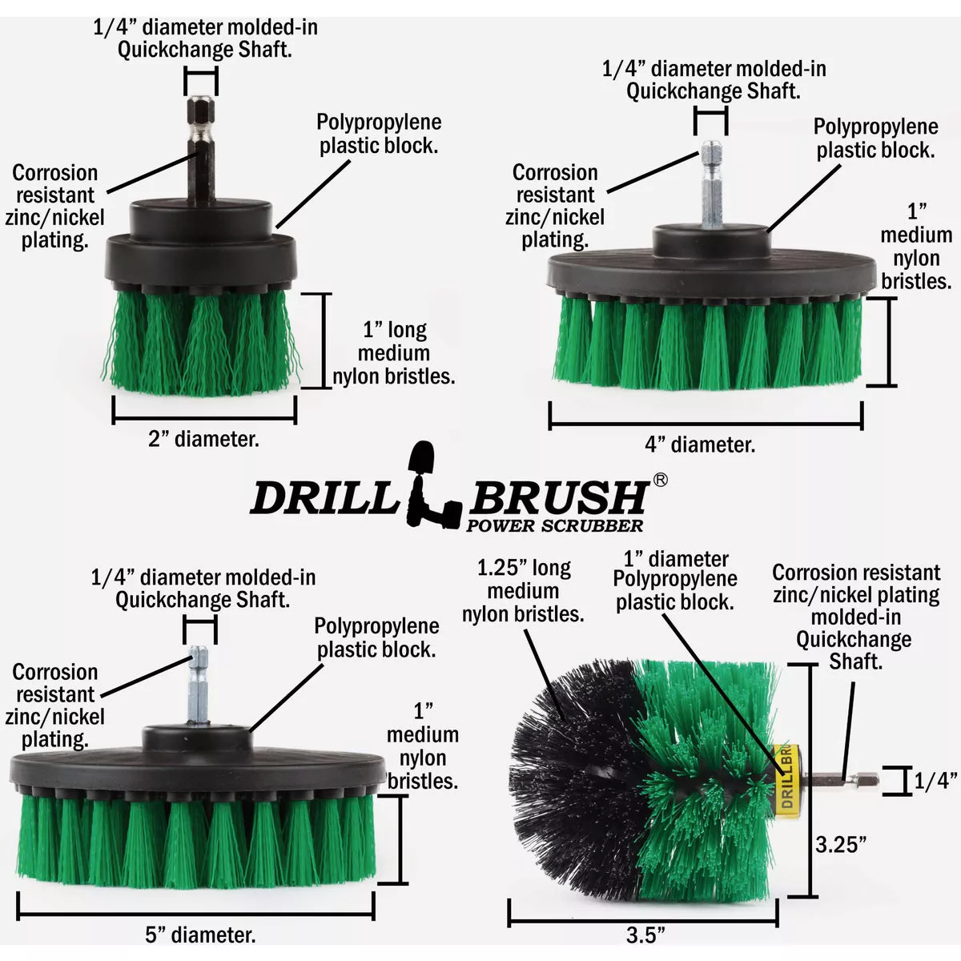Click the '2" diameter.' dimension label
click(x=203, y=439)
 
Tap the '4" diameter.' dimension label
click(x=700, y=444)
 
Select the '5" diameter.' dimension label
click(x=200, y=934)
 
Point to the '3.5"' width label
click(x=645, y=935)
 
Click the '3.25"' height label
click(x=840, y=844)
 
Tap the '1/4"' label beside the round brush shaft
click(x=936, y=781)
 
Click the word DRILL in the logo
click(x=324, y=498)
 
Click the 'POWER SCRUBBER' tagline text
click(x=554, y=526)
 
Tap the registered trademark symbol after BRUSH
click(x=660, y=480)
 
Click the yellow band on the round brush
click(x=785, y=777)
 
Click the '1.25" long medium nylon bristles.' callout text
click(x=523, y=591)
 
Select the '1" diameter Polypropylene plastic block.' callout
click(x=675, y=581)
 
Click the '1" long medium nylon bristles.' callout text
click(x=393, y=353)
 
